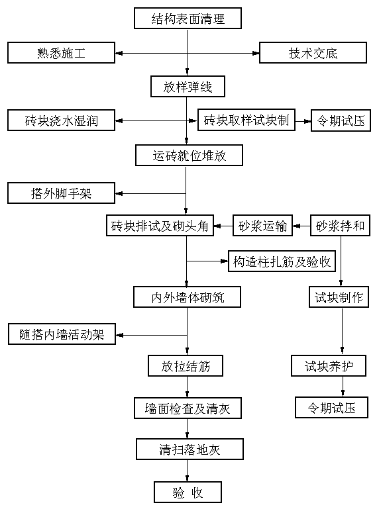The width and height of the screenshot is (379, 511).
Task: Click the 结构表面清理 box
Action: coord(188,19)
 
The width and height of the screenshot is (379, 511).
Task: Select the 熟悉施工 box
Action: coord(62,52)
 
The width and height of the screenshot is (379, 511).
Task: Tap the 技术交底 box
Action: coord(313,52)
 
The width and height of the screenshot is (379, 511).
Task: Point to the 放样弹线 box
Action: coord(188,86)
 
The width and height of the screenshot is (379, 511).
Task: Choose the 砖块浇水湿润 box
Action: coord(62,120)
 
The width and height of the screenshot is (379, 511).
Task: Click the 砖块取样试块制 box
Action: coord(246,120)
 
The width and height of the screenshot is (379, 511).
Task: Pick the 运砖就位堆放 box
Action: coord(189,156)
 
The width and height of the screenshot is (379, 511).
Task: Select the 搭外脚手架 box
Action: coord(62,193)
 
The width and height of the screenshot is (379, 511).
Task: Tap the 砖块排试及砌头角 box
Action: coord(160,225)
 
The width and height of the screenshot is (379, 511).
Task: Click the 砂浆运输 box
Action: coord(262,225)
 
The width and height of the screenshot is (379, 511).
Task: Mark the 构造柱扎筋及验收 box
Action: coord(282,261)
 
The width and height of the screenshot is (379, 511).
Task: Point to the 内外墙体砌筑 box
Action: coord(188,297)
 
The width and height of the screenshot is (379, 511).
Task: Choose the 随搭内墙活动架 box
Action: coord(62,334)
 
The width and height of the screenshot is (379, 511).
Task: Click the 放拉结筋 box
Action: coord(186,365)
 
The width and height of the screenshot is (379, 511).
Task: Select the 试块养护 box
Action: coord(329,365)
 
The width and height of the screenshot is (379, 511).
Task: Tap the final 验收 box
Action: coord(188,492)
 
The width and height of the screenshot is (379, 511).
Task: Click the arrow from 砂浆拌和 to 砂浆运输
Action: coord(301,226)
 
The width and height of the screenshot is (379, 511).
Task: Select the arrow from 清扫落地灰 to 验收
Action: coord(188,471)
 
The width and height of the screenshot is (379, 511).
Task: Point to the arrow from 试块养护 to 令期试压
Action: coord(343,387)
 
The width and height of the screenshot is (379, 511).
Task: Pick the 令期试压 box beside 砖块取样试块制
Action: coord(341,120)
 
